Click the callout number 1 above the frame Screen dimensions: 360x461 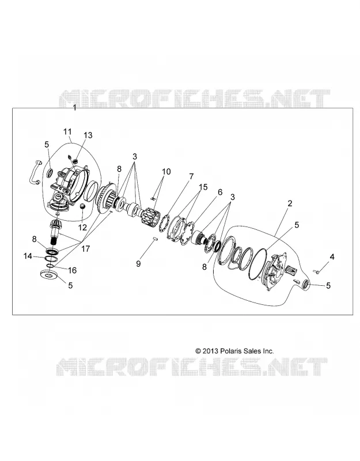75,108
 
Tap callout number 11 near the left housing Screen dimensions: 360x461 67,131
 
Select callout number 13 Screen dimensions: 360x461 88,135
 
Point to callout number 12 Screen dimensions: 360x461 82,227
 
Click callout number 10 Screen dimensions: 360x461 166,171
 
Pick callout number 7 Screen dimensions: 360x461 191,176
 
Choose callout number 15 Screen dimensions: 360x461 203,187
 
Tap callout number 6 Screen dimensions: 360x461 220,192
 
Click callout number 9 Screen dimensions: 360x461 138,264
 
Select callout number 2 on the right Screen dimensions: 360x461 290,203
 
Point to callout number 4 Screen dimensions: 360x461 332,257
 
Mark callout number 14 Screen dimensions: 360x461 28,256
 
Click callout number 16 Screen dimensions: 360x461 73,270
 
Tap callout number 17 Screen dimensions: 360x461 85,249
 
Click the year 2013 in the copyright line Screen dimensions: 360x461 210,351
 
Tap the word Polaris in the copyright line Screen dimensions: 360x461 230,351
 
